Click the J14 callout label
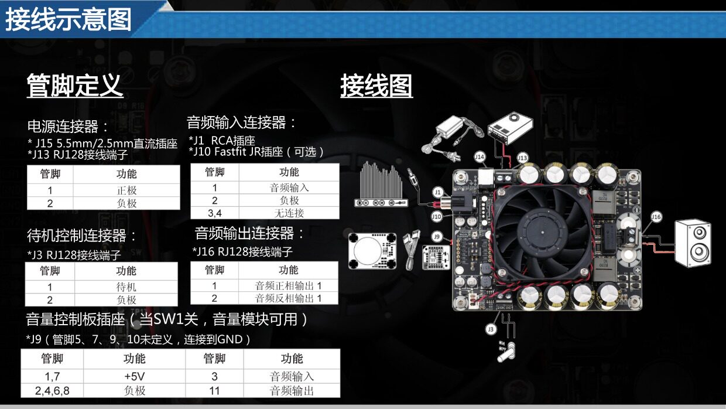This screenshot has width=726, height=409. pos(480,157)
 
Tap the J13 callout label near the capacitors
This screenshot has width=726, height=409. pos(522,157)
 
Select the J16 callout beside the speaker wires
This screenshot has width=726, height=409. pos(656,217)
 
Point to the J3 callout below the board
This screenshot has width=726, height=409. pos(491,330)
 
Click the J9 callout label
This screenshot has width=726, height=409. pos(437,236)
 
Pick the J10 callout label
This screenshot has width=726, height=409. pos(437,216)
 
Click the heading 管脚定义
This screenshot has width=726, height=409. pos(75,86)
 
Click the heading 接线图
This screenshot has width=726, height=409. pos(376,86)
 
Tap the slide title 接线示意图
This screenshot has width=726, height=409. pos(69,20)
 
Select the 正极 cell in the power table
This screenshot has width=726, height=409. pos(127,190)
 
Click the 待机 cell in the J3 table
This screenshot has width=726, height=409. pos(126,287)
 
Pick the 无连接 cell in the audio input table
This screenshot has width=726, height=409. pos(289,213)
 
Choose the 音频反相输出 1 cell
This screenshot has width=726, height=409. pos(289,298)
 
